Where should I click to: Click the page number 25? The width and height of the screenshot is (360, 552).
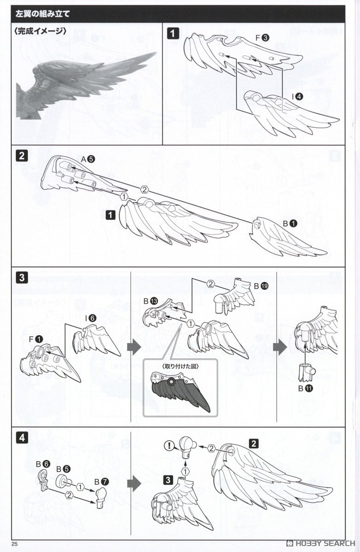click(15, 544)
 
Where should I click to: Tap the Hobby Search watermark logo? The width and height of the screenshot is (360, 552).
click(320, 543)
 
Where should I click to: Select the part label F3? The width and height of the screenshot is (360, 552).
click(262, 38)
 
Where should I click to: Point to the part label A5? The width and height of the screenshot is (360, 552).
click(88, 159)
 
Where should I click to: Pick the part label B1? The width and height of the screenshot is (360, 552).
click(290, 224)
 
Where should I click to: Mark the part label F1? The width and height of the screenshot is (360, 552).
click(36, 339)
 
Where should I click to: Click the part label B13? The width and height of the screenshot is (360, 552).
click(151, 301)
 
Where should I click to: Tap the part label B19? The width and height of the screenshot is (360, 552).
click(261, 286)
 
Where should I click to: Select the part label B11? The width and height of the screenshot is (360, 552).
click(306, 388)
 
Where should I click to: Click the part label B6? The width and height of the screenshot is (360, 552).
click(43, 464)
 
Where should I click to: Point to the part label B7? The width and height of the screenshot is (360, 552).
click(102, 482)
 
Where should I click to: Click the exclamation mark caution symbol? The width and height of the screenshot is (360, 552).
click(169, 446)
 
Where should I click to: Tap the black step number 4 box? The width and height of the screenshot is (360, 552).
click(22, 438)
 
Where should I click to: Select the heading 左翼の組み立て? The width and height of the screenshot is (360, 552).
click(42, 14)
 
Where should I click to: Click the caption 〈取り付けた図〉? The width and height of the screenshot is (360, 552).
click(180, 366)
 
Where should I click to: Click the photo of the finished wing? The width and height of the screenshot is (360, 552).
click(86, 84)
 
